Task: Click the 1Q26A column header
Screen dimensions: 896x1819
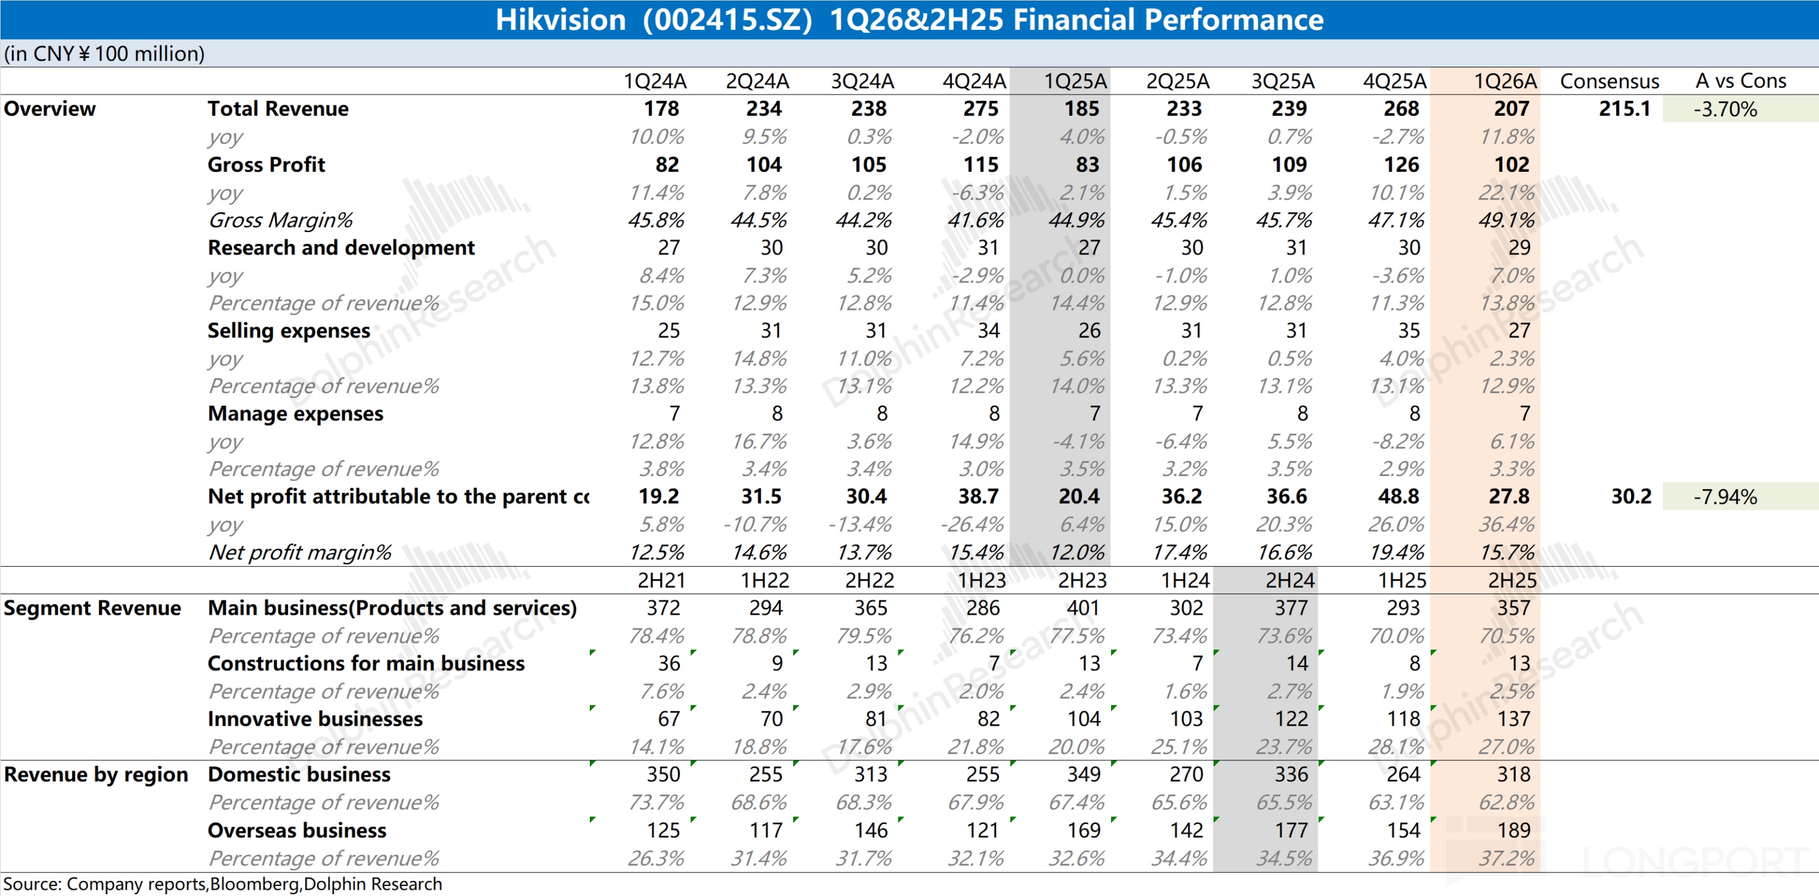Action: pos(1505,81)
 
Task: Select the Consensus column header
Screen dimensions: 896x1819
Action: pos(1609,81)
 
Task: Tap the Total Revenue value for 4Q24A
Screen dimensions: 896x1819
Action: pos(981,109)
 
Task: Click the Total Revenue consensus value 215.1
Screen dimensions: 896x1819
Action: pos(1624,109)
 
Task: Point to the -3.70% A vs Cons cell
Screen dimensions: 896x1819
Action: pos(1724,110)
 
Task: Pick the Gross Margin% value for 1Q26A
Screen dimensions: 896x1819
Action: pos(1506,220)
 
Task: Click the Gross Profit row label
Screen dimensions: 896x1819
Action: pos(266,164)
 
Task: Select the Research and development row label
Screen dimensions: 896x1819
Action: pos(341,248)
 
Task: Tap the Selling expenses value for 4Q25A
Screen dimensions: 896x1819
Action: pos(1409,330)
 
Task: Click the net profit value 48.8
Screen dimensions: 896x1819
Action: pos(1398,497)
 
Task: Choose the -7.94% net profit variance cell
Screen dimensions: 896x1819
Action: pos(1724,497)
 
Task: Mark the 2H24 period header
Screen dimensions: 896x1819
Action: pos(1290,581)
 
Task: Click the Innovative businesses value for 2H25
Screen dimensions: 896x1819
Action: pos(1514,719)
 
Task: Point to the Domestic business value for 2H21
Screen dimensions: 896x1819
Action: pos(663,775)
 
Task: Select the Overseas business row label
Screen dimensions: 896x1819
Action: pos(297,830)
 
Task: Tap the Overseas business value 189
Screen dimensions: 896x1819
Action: pos(1514,830)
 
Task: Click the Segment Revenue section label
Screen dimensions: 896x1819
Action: pos(93,608)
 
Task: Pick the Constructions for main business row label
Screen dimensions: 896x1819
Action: pos(366,664)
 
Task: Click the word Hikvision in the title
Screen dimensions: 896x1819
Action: pos(560,20)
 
